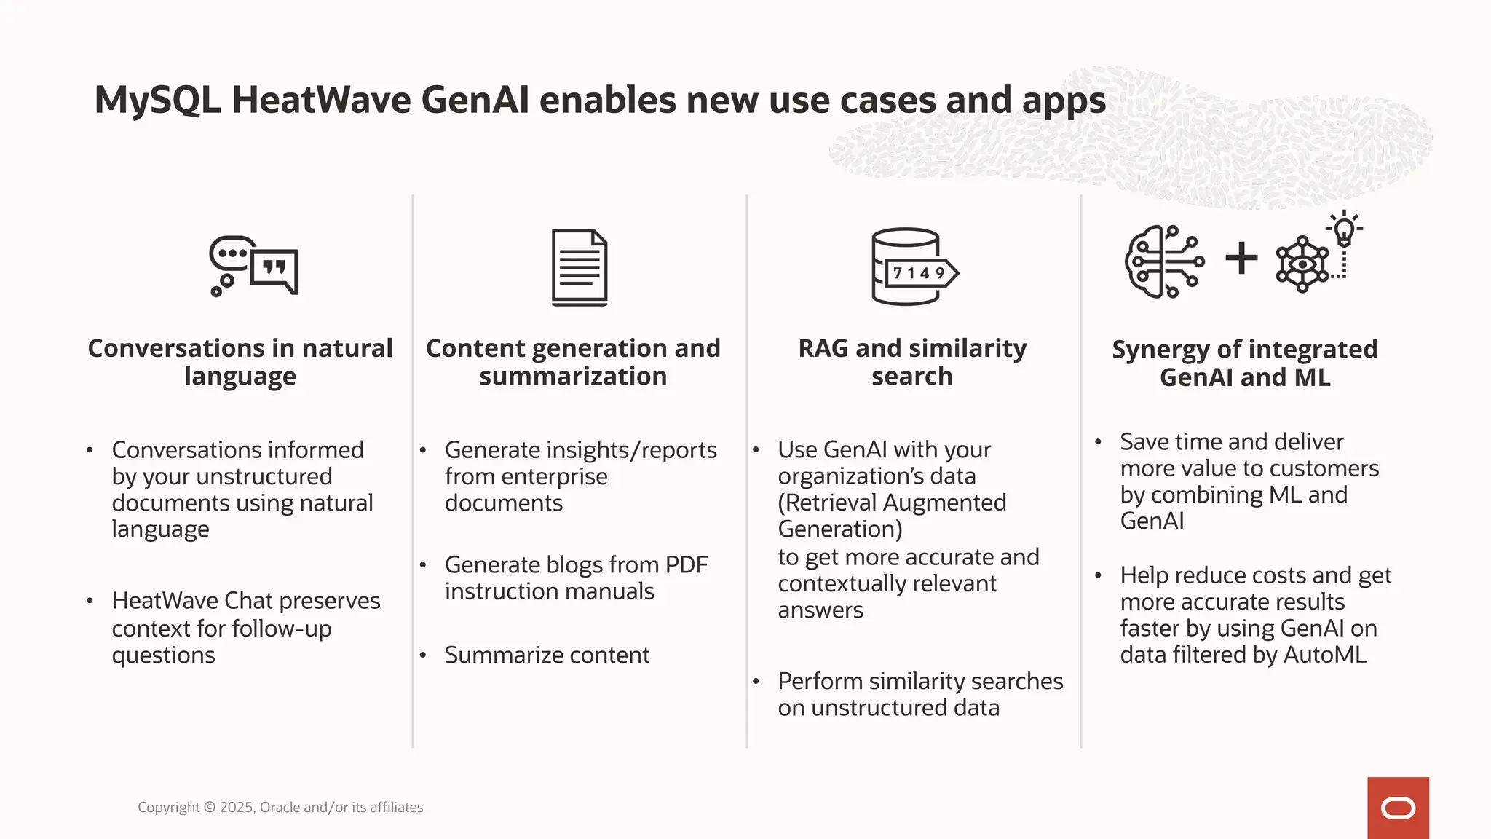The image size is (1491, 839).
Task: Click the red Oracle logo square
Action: point(1398,808)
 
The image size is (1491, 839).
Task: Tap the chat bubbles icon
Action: point(254,266)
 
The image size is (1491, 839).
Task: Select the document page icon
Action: point(580,267)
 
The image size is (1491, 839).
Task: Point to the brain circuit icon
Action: point(1163,261)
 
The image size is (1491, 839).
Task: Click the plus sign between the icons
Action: point(1241,259)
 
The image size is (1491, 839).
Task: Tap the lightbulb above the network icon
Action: point(1344,229)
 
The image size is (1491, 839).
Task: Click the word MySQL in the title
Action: point(157,101)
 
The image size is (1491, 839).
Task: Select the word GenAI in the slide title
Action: point(475,101)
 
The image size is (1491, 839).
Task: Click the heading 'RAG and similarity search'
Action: point(912,362)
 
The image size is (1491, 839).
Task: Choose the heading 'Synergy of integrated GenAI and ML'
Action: point(1245,363)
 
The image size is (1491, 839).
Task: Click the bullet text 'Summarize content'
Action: point(547,655)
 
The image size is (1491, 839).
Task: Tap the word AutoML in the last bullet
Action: point(1325,654)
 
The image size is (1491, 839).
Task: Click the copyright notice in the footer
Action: point(280,807)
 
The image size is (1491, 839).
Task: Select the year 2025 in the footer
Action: point(237,807)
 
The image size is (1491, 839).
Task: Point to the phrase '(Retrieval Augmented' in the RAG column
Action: point(892,503)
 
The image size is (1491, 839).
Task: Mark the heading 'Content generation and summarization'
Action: point(573,362)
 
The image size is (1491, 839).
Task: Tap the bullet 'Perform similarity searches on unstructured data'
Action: point(920,694)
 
